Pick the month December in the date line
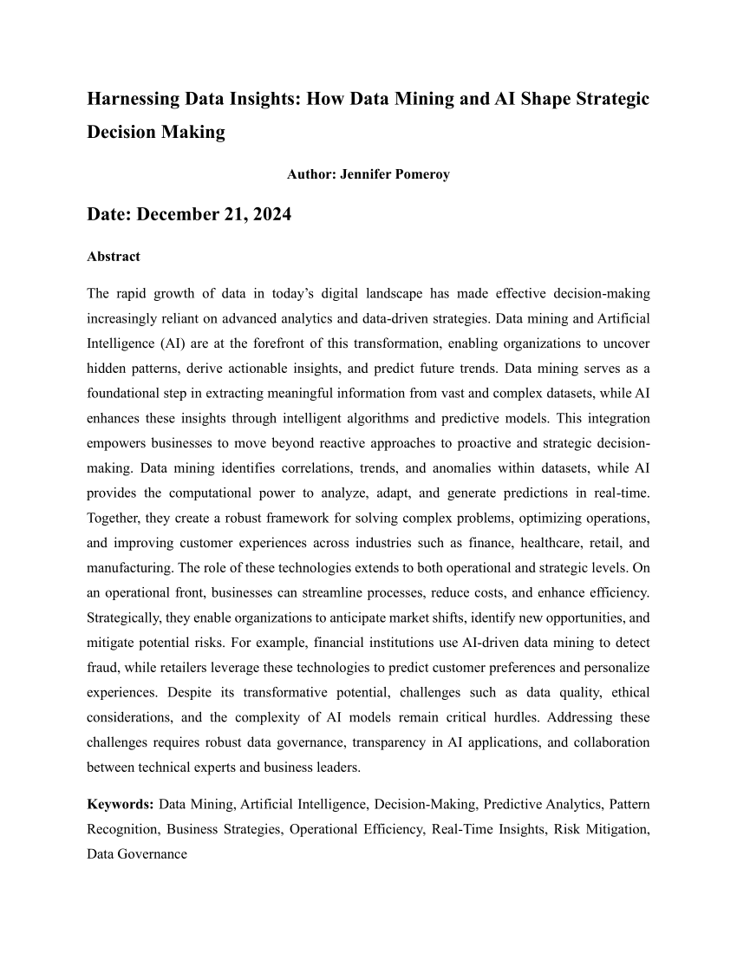tap(178, 214)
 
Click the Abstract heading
tap(114, 257)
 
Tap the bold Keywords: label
tap(121, 805)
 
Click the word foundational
tap(124, 392)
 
